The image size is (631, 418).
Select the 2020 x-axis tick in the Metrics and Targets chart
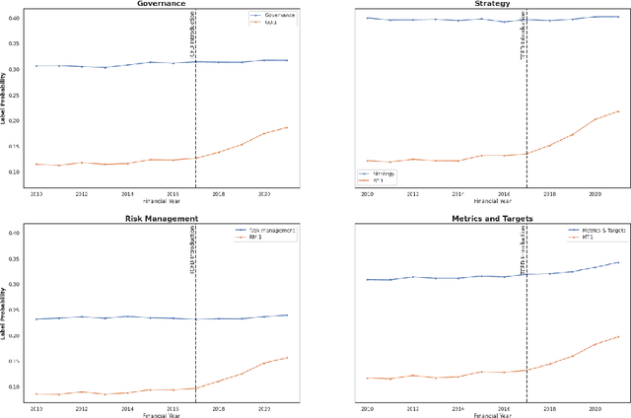coord(595,405)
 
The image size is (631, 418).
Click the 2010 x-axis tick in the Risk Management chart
coord(35,405)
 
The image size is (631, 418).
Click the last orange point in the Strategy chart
coord(617,111)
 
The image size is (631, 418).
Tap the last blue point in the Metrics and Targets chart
coord(617,262)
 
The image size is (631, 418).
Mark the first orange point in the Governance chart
coord(35,164)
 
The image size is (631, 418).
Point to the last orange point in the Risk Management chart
coord(287,358)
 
